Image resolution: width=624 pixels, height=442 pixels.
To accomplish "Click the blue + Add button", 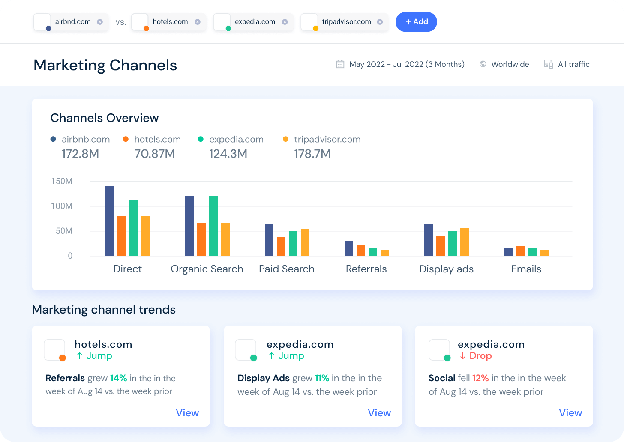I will point(416,22).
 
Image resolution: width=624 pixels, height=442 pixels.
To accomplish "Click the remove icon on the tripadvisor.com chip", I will point(380,22).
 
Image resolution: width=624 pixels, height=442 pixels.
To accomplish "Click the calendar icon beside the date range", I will point(340,64).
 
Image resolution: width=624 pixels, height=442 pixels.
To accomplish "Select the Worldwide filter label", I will point(510,64).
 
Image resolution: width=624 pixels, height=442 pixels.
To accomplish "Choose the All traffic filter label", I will point(573,64).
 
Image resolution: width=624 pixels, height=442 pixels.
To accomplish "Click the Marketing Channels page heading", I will point(105,65).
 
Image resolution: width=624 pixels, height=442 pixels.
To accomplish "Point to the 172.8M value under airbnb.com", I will point(80,154).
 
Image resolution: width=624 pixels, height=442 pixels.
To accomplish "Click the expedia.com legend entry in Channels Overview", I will point(236,139).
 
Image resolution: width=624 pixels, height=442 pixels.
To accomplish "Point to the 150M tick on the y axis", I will point(62,181).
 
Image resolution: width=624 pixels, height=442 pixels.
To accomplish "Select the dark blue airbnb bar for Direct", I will point(110,221).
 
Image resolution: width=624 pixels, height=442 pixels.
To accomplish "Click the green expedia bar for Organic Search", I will point(213,226).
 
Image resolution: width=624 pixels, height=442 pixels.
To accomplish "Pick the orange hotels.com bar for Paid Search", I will point(281,247).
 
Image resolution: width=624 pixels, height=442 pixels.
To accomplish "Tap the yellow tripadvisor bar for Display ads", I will point(465,242).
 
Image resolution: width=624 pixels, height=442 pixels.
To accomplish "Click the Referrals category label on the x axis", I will point(366,269).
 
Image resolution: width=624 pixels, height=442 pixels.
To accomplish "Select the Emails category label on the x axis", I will point(526,269).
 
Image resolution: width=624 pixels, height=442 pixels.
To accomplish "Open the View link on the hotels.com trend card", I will point(187,413).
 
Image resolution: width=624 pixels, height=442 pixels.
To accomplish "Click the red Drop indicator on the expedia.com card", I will point(476,356).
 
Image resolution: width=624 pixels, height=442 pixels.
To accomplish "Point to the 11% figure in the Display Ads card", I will point(322,378).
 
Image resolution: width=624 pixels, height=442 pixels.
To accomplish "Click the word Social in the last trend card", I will point(441,378).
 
